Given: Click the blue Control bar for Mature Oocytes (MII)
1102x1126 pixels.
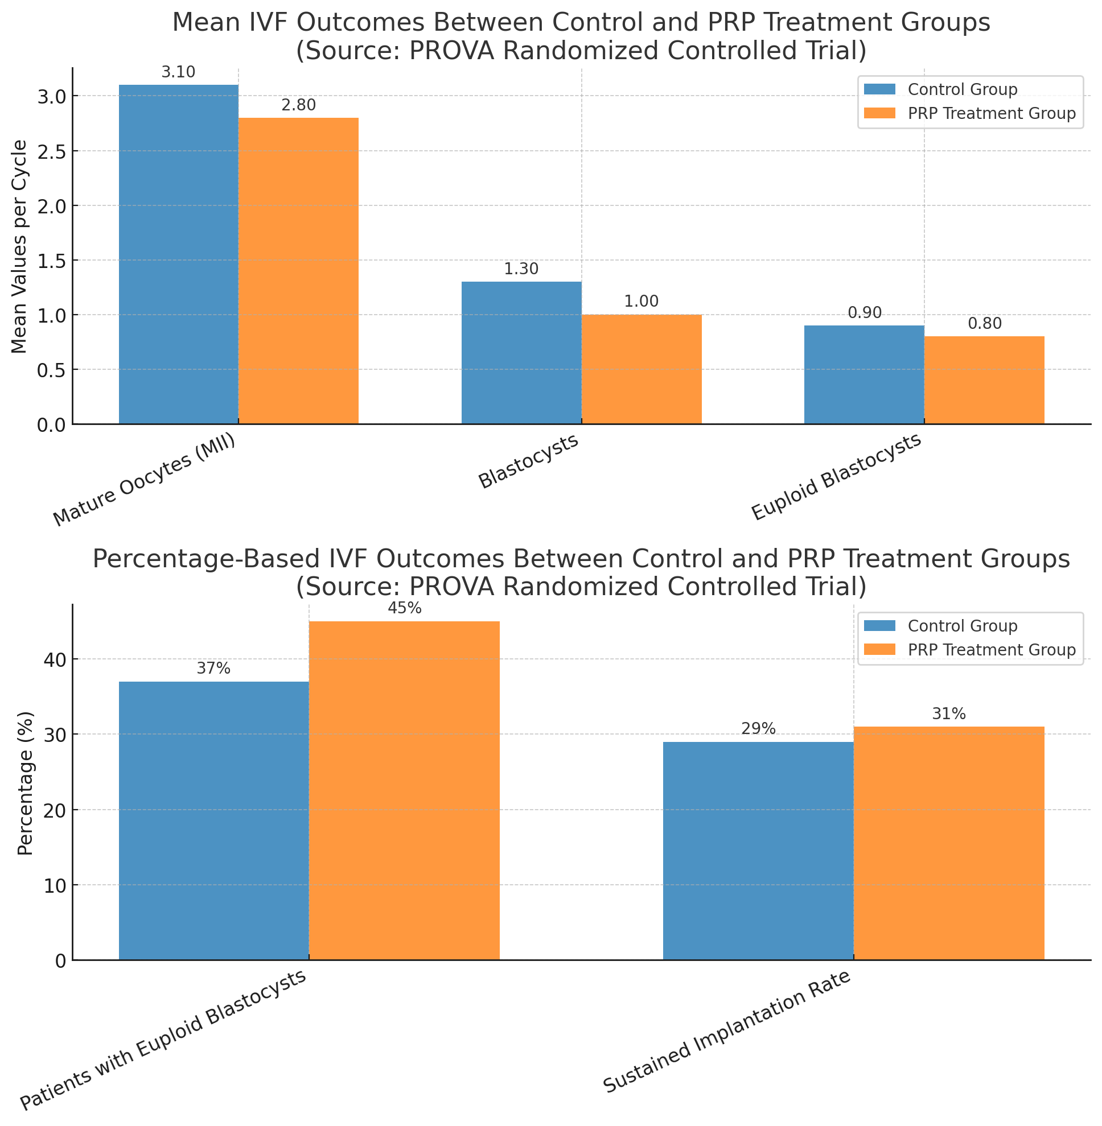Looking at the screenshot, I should [178, 254].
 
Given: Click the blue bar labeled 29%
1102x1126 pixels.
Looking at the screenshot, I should [758, 851].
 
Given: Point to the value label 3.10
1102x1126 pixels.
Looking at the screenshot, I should [178, 73].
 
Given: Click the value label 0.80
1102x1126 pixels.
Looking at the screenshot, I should [985, 324].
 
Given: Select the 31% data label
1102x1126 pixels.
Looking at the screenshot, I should [949, 714].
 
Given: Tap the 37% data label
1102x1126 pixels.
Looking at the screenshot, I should [213, 669].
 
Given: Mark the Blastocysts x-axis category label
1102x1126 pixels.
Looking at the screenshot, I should [528, 462].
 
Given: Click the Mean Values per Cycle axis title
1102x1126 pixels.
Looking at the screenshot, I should [20, 246].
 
